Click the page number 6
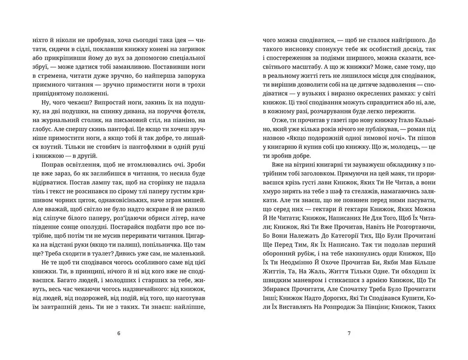[119, 334]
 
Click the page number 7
[349, 334]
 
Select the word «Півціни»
[375, 307]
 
